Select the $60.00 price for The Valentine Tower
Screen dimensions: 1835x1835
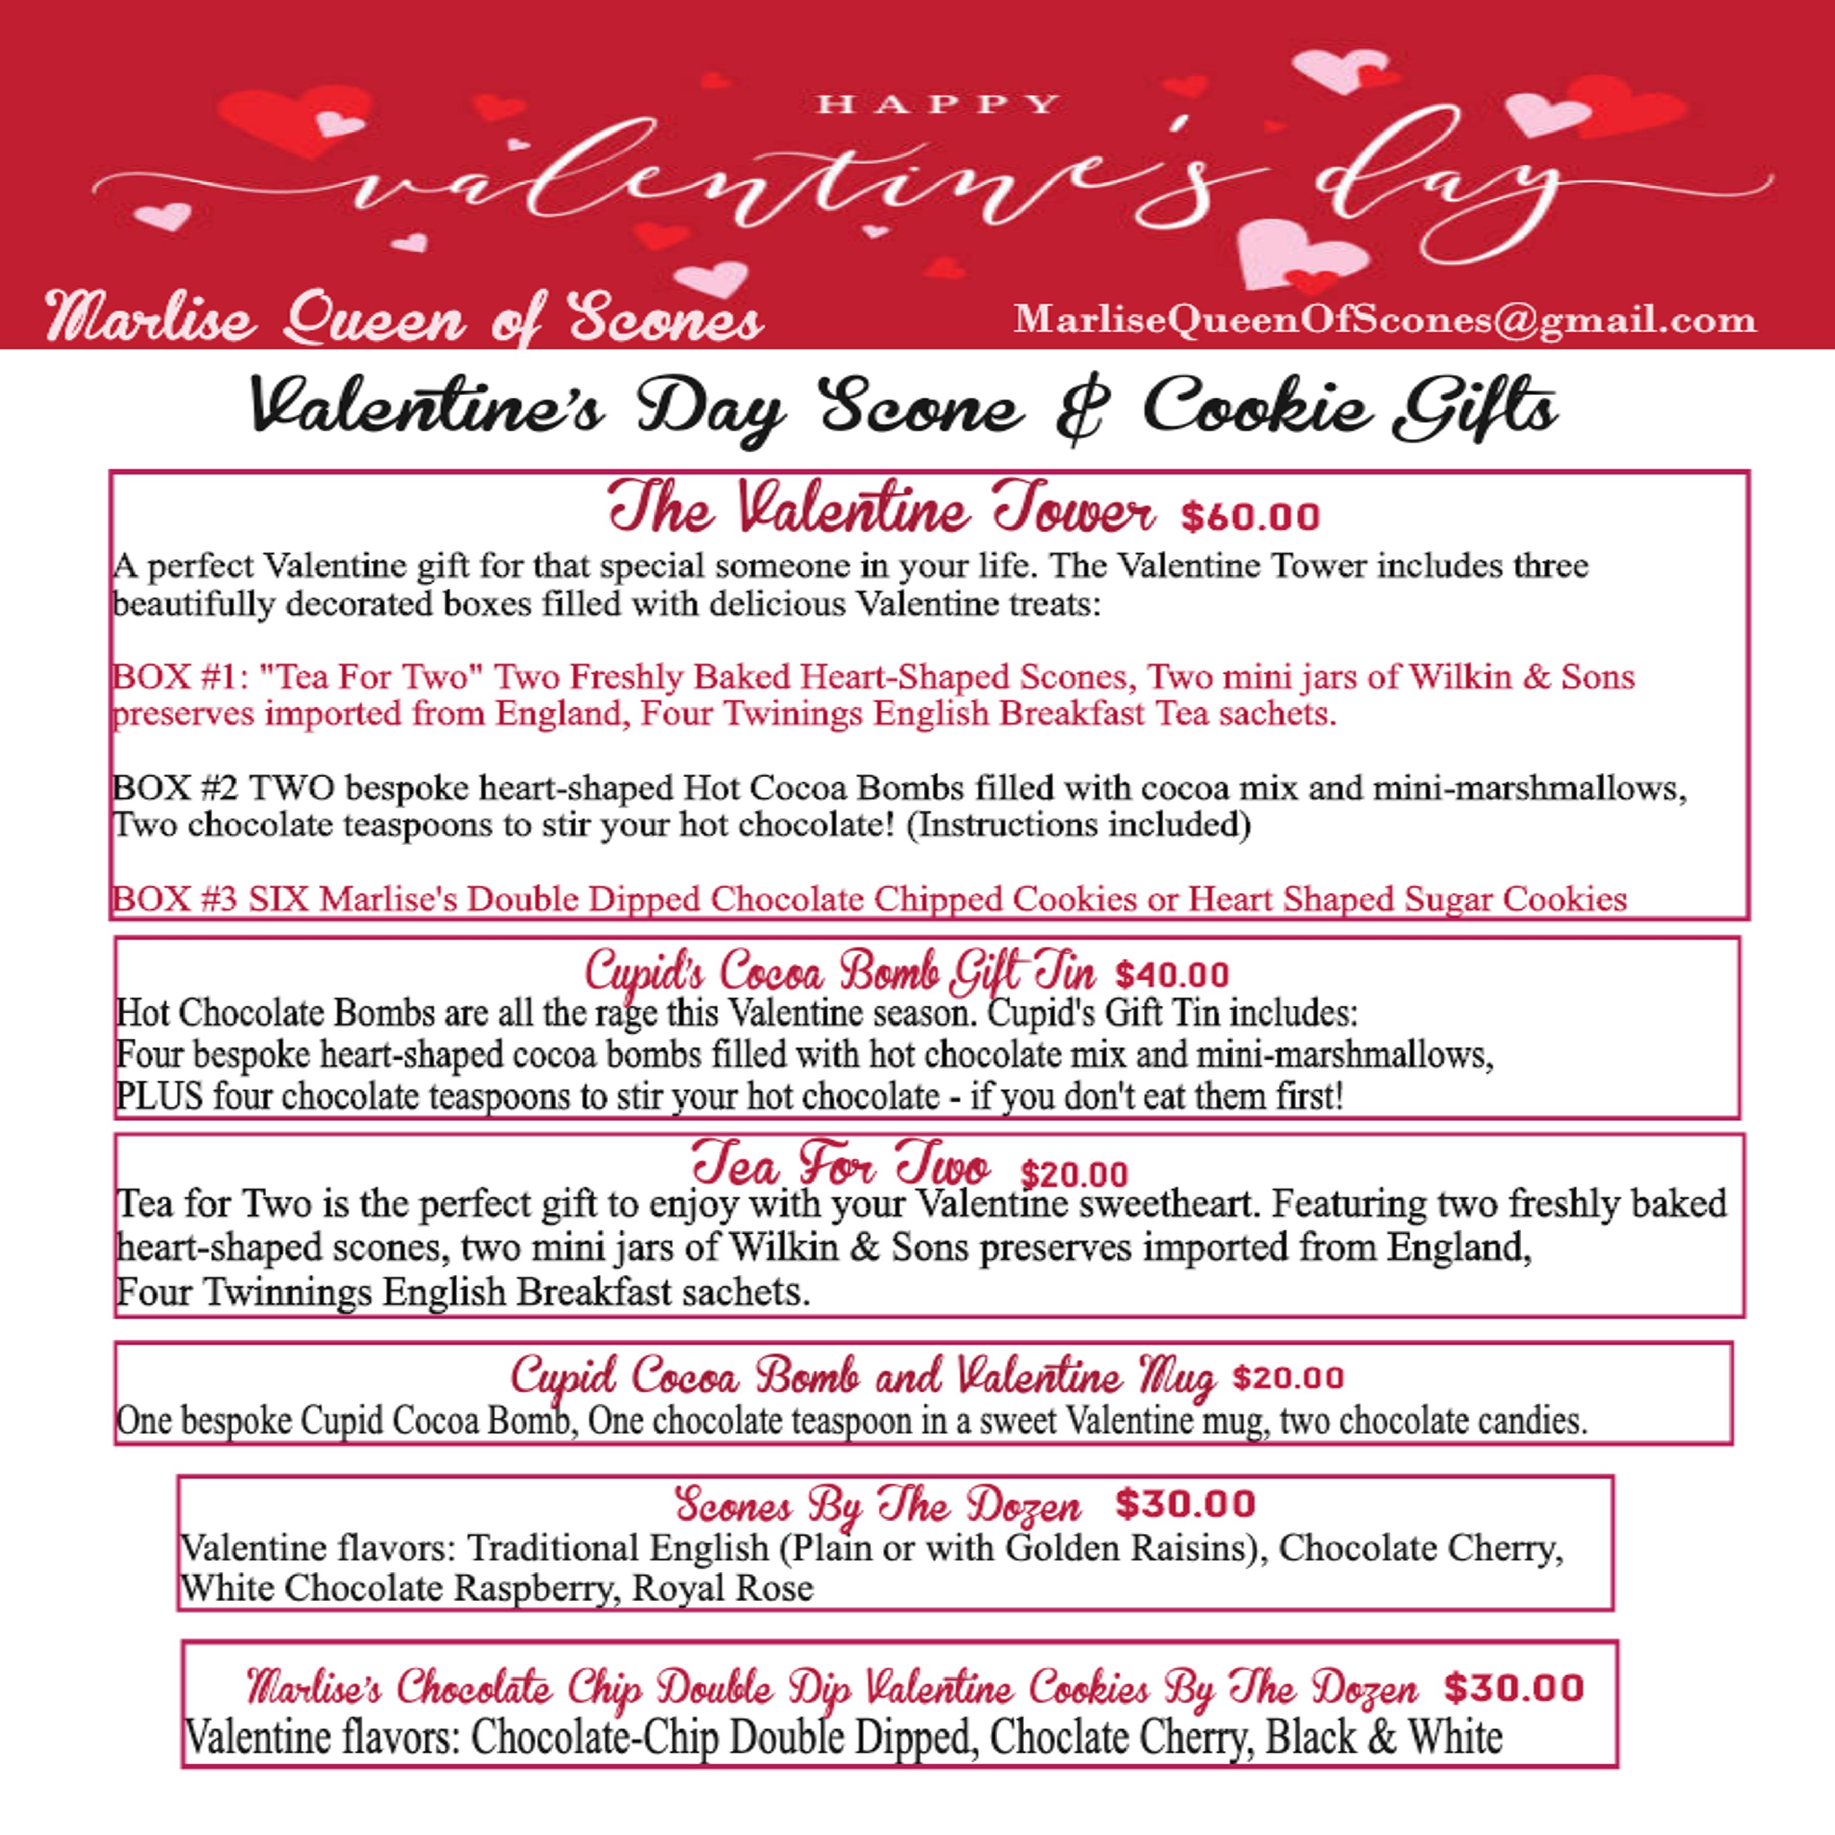point(1250,518)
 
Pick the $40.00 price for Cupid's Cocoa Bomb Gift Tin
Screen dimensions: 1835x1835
point(1172,976)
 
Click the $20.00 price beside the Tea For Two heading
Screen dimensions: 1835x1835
point(1074,1175)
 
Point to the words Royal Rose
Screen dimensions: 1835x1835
point(723,1588)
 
